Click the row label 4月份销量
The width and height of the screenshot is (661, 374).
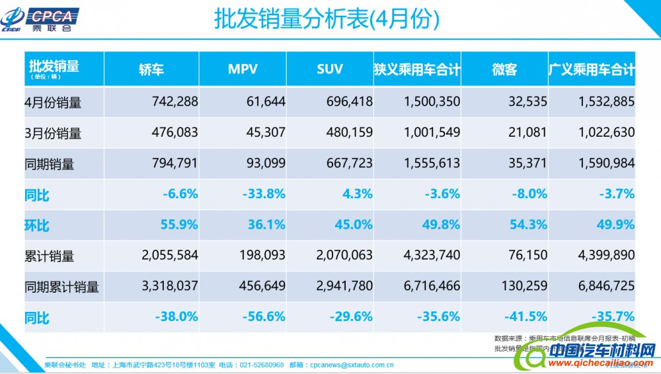(x=53, y=102)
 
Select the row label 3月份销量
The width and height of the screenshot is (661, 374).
(x=53, y=133)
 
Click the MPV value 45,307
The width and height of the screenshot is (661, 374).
(x=264, y=133)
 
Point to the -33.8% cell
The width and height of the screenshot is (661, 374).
(x=265, y=194)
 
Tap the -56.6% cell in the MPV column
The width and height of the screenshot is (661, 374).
(x=265, y=317)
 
